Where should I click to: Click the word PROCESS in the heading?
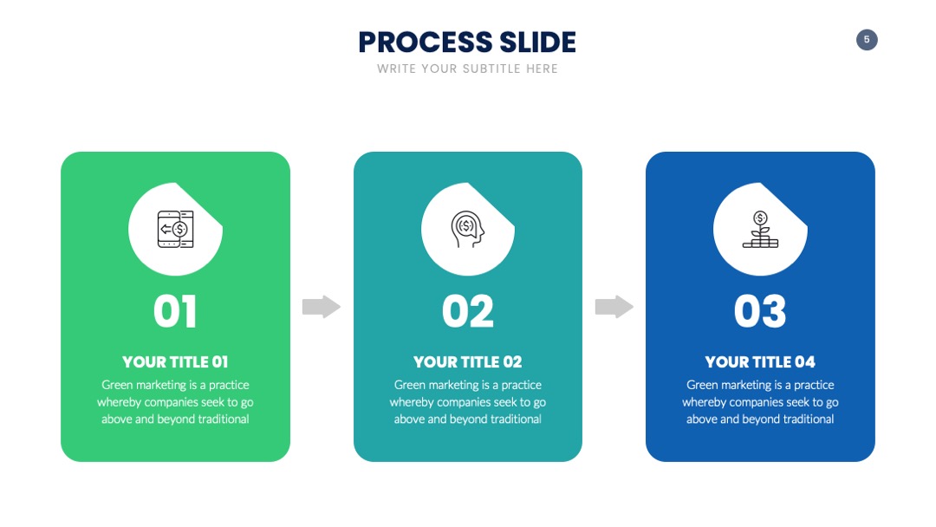pos(426,42)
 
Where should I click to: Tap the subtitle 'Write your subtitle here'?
pos(467,68)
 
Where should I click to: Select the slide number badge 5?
pos(867,40)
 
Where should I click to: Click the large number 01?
pos(175,311)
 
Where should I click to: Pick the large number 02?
pos(468,311)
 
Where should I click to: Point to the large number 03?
pos(760,311)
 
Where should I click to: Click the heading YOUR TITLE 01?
pos(175,361)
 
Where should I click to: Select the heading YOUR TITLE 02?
pos(467,361)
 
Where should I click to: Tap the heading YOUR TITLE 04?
pos(760,361)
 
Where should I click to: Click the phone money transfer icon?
pos(175,229)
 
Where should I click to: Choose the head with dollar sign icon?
pos(467,229)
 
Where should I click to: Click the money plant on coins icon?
pos(760,229)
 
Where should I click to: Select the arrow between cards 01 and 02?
pos(322,307)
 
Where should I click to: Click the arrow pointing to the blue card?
pos(614,307)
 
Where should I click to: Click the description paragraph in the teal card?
pos(467,401)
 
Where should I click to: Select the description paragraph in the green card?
pos(175,401)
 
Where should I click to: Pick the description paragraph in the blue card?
pos(760,401)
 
